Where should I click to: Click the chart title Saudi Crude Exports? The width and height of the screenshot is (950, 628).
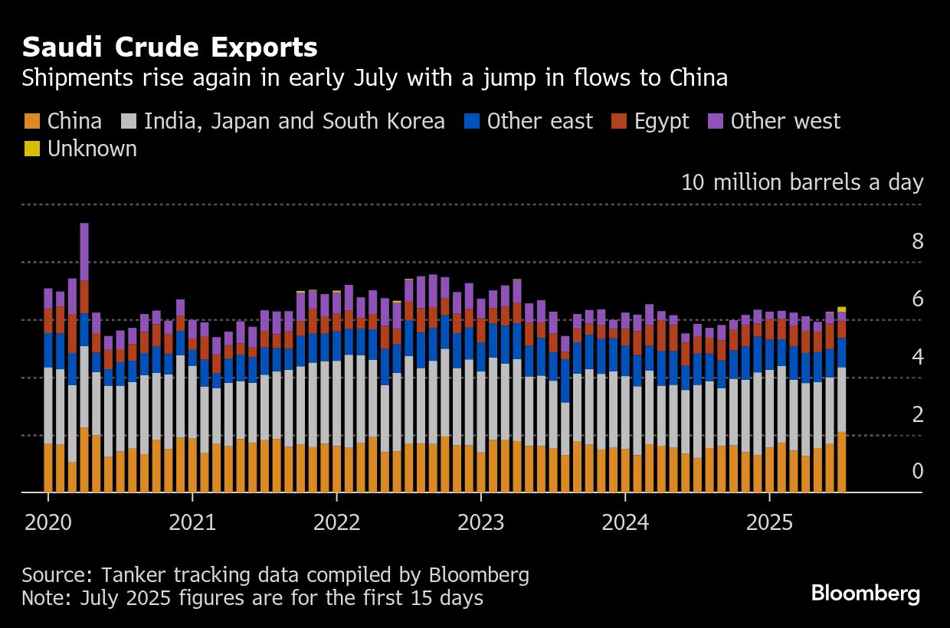169,47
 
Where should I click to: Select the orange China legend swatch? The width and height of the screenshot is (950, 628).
32,121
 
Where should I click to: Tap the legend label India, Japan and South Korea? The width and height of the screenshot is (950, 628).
294,121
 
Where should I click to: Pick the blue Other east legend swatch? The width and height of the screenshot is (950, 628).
472,121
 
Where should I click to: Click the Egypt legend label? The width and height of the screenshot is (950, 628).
661,121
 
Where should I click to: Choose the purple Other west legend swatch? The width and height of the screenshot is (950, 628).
716,121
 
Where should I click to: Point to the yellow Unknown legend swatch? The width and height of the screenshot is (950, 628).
32,149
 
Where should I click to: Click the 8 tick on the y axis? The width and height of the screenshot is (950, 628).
918,242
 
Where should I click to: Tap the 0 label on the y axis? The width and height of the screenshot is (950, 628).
918,472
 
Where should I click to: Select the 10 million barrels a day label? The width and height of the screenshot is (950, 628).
802,182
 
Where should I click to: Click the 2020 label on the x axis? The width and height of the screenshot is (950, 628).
47,522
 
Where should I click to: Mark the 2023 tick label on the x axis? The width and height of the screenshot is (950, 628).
480,522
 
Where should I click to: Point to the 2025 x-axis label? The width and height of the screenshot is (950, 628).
769,522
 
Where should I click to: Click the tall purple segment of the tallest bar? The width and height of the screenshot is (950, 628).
84,252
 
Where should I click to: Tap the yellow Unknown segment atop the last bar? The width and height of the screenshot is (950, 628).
841,309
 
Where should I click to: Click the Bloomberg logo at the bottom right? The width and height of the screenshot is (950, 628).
866,594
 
